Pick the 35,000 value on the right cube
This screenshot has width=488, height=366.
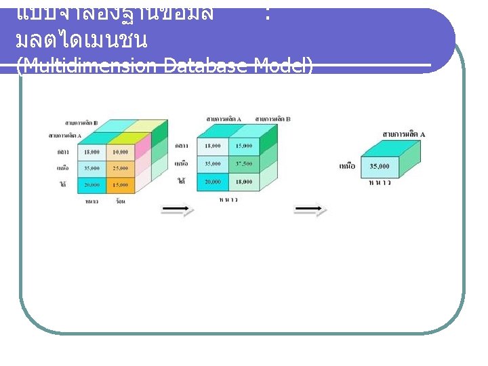click(380, 165)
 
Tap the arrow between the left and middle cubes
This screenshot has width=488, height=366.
click(177, 210)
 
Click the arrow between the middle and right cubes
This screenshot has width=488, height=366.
click(311, 210)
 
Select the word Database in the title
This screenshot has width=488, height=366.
click(207, 66)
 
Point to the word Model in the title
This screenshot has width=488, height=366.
click(281, 66)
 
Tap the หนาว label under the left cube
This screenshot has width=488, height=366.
click(94, 201)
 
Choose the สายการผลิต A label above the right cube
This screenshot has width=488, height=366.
click(404, 134)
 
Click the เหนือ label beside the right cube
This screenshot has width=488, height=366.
click(346, 165)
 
